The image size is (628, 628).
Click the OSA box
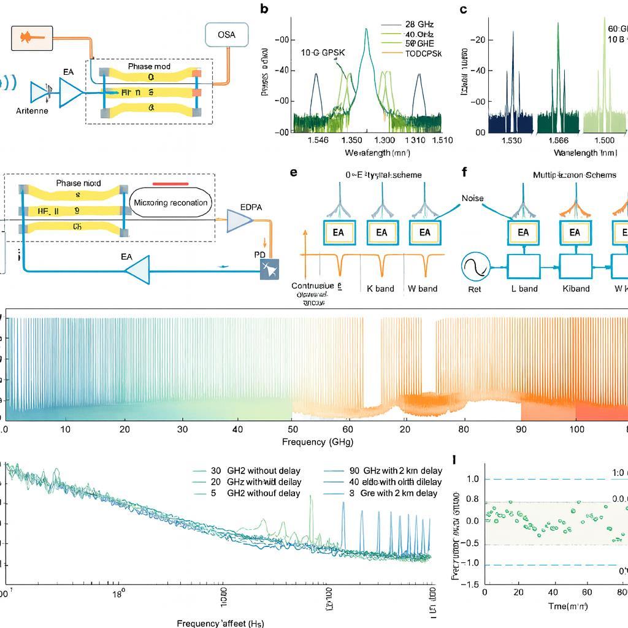(x=226, y=35)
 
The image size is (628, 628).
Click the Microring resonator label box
(x=170, y=202)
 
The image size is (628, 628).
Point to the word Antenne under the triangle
(x=32, y=111)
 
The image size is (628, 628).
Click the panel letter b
(x=264, y=9)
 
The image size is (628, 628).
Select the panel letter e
(x=294, y=172)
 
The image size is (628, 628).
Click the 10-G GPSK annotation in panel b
(x=323, y=53)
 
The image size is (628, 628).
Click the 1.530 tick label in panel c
(x=511, y=140)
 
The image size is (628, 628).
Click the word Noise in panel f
(x=473, y=198)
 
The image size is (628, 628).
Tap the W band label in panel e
(x=423, y=288)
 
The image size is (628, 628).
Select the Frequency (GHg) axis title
(x=317, y=442)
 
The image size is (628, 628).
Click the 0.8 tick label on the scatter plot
(x=472, y=499)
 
